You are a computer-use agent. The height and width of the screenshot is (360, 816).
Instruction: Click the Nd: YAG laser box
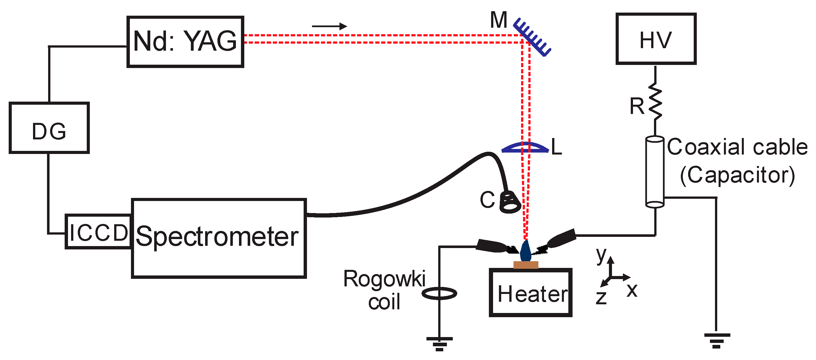[x=185, y=41]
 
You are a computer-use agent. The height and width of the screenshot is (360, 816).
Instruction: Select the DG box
[x=49, y=128]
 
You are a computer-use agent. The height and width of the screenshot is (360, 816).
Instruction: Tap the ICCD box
[x=99, y=232]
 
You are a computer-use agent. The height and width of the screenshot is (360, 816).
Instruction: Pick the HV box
[x=656, y=39]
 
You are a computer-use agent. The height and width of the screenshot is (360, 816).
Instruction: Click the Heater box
[x=531, y=293]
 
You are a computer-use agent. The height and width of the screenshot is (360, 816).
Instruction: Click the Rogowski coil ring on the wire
[x=439, y=293]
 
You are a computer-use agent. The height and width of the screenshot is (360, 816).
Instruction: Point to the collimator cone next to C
[x=510, y=202]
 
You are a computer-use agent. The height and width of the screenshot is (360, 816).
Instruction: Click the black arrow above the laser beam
[x=329, y=26]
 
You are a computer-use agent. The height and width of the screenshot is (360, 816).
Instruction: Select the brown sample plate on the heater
[x=526, y=265]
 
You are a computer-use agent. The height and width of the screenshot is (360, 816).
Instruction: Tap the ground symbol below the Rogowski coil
[x=439, y=343]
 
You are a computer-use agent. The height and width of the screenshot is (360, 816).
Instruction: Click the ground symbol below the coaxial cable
[x=717, y=340]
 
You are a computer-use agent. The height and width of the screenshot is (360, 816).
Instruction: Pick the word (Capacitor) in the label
[x=737, y=175]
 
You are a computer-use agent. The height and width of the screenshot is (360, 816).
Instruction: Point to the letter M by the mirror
[x=499, y=20]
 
